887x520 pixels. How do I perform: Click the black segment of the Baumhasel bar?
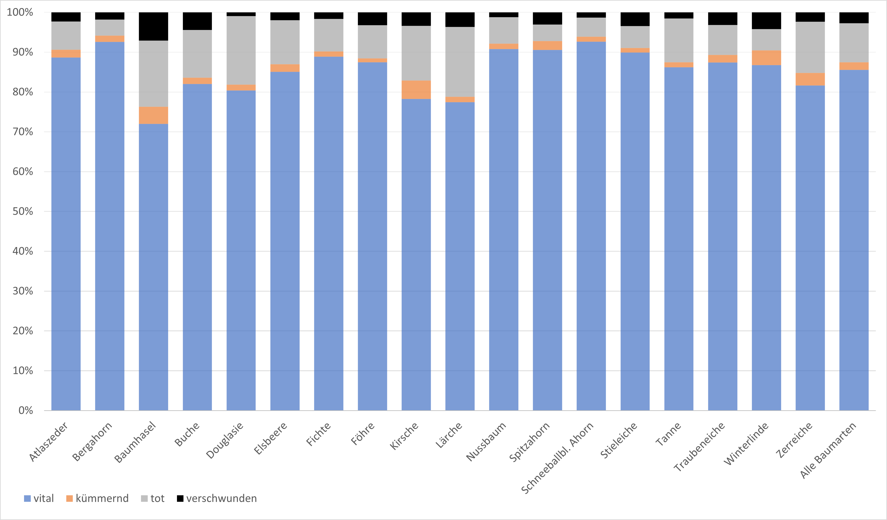click(153, 26)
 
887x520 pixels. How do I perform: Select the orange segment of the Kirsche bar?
click(416, 90)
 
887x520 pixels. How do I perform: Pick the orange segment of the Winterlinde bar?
click(766, 58)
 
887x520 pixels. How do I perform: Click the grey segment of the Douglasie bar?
click(241, 50)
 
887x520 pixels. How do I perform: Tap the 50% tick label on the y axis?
click(23, 211)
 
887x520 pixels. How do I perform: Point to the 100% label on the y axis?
click(20, 12)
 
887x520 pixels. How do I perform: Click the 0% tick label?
click(26, 410)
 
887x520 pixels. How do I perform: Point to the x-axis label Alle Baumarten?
click(828, 450)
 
